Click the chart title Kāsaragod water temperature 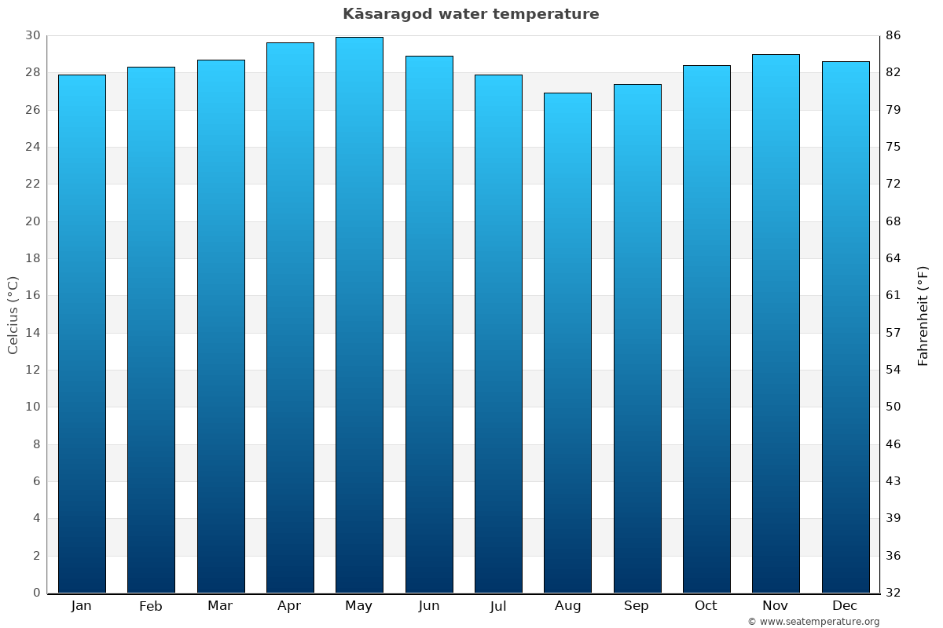pos(471,14)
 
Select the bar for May pos(359,314)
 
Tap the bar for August pos(567,342)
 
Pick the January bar pos(82,334)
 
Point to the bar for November pos(776,323)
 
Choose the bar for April pos(290,317)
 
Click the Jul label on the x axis pos(497,606)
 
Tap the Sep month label pos(637,606)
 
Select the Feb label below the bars pos(150,606)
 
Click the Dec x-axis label pos(845,606)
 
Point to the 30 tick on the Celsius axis pos(32,35)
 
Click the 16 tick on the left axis pos(32,296)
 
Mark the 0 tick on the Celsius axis pos(36,593)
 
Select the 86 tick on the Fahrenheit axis pos(893,35)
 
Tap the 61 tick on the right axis pos(893,296)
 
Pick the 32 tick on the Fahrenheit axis pos(893,593)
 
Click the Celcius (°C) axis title pos(13,314)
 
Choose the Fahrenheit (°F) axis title pos(923,316)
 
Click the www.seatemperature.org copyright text pos(813,622)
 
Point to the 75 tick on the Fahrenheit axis pos(893,147)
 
